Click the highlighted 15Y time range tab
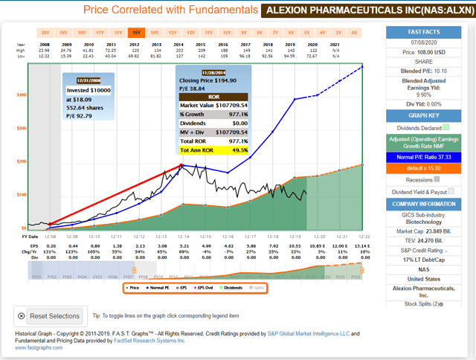point(135,33)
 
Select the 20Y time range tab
point(45,33)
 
